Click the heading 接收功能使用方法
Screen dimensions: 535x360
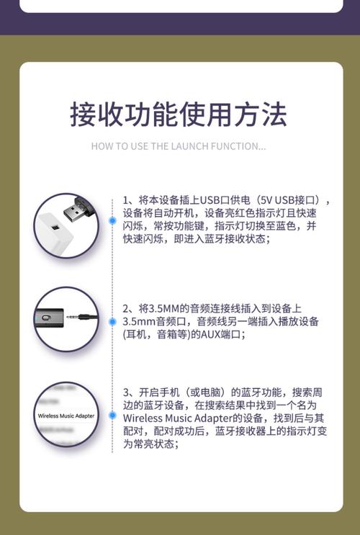point(179,114)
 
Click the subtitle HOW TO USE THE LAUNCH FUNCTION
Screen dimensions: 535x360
point(179,146)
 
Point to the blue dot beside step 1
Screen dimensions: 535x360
point(112,220)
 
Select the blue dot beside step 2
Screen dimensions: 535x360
point(112,317)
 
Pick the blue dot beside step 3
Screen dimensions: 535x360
point(112,415)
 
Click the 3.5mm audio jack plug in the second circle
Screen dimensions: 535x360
point(81,317)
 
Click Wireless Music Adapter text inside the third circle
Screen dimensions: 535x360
point(66,415)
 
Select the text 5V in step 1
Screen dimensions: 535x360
point(267,200)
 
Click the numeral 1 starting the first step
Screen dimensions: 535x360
point(125,200)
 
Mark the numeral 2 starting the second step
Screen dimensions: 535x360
point(125,308)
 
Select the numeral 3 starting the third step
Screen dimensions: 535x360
point(125,392)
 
